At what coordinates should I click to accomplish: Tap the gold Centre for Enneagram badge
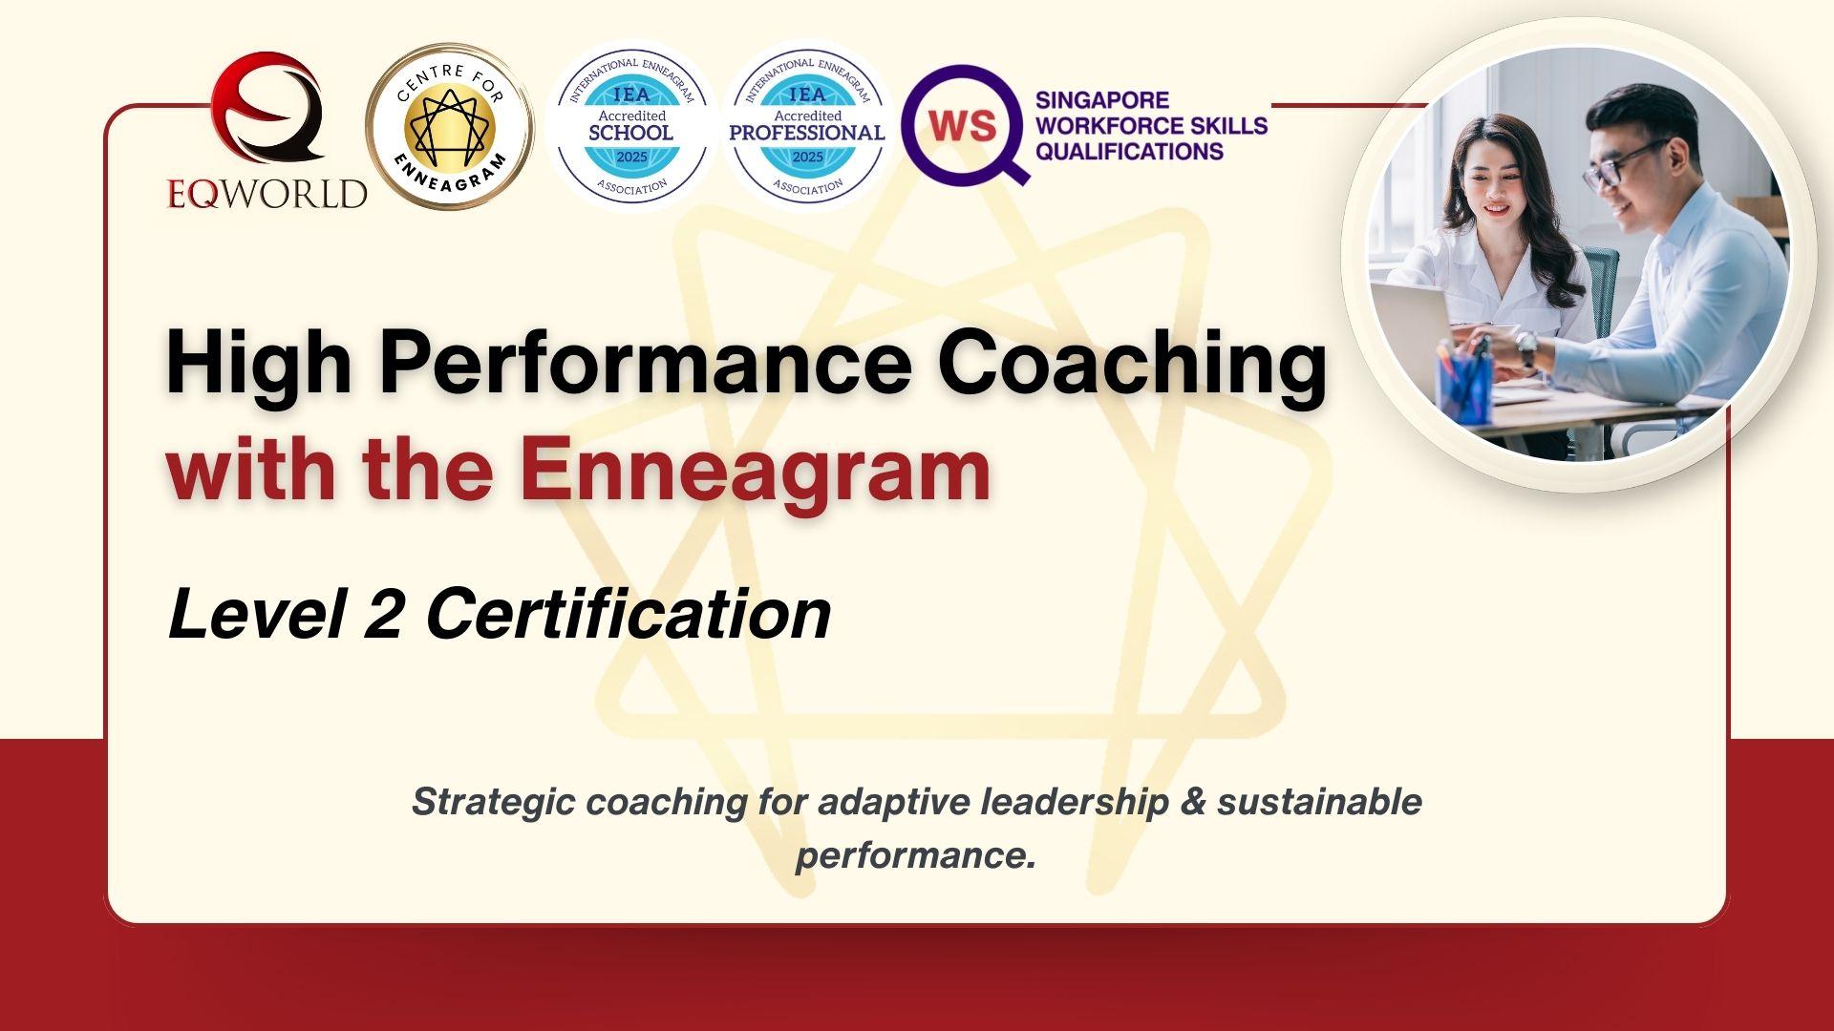450,127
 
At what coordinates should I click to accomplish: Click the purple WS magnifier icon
963,124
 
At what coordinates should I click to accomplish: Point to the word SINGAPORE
1101,100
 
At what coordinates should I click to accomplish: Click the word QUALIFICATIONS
1129,152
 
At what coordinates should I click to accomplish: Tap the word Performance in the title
646,363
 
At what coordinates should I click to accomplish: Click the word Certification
628,613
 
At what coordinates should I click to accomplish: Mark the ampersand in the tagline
1193,801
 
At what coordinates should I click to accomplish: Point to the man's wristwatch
1527,349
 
